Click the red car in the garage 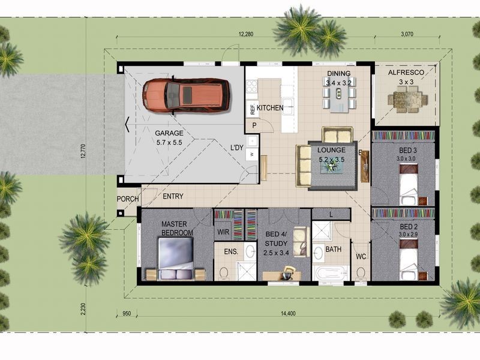[x=186, y=95]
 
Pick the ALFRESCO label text [x=406, y=73]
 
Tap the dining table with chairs [x=339, y=98]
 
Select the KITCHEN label [x=270, y=108]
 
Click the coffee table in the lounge [x=332, y=166]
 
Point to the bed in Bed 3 [x=409, y=184]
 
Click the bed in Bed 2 [x=409, y=259]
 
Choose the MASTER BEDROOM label [x=177, y=228]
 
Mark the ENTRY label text [x=173, y=196]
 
